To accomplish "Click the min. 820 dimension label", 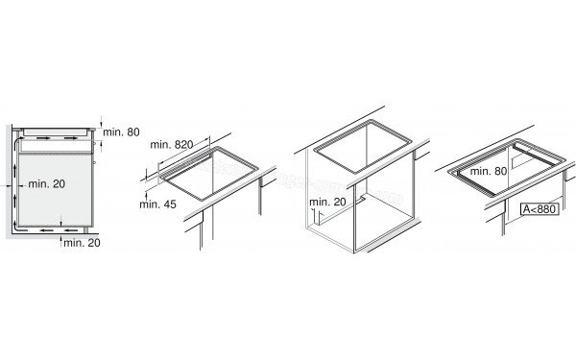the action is click(172, 145).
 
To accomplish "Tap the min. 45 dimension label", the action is click(158, 204).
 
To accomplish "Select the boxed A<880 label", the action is click(540, 209).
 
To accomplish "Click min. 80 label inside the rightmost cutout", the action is click(489, 171).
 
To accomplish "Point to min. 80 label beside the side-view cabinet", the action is click(121, 132).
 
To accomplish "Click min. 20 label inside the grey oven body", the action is click(47, 183).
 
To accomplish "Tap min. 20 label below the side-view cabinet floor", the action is click(82, 243).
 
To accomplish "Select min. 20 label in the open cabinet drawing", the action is click(327, 202).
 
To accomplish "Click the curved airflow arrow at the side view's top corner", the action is click(17, 142).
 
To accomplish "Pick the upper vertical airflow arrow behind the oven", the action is click(15, 171).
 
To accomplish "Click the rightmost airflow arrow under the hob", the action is click(71, 138).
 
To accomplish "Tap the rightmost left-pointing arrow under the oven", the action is click(71, 230).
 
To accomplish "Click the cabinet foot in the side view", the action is click(86, 230).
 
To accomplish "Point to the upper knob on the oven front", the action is click(95, 143).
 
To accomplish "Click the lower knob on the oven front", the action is click(95, 161).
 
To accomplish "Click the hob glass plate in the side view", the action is click(55, 132).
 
